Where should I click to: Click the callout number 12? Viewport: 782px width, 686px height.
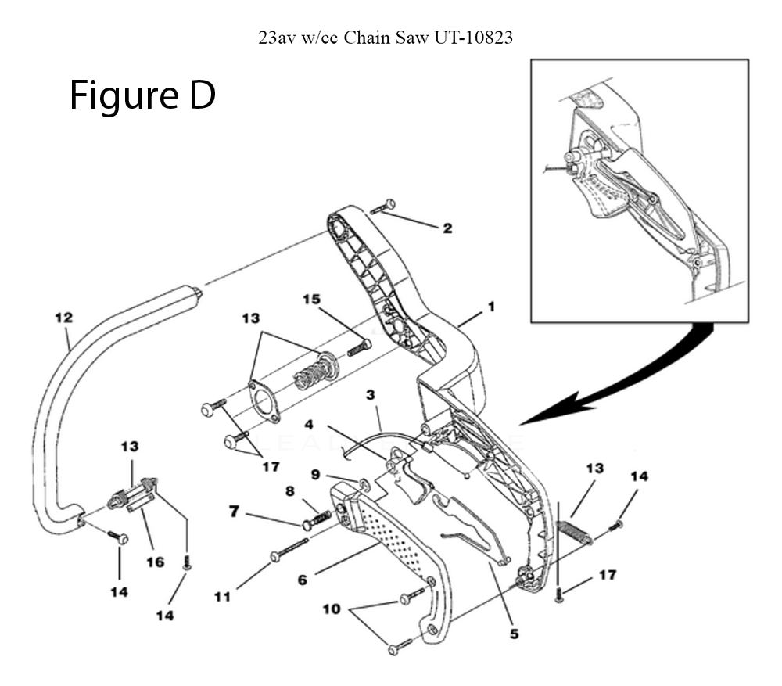click(64, 318)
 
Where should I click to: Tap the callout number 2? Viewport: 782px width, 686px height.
click(447, 228)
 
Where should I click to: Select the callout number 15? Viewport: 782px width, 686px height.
click(312, 299)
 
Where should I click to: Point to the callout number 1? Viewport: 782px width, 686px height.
click(491, 307)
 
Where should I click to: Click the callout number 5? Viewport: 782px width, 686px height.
click(515, 634)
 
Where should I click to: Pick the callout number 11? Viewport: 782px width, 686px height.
click(222, 597)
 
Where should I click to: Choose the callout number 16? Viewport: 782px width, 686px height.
click(155, 562)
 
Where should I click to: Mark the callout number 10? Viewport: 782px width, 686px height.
click(332, 609)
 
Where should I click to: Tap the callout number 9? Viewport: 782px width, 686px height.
click(315, 474)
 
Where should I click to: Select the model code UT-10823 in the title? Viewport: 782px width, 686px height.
click(473, 38)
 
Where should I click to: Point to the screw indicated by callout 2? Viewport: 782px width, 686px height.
click(383, 207)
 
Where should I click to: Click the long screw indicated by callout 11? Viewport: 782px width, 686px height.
click(289, 549)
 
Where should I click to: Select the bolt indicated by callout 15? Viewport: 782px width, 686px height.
click(359, 347)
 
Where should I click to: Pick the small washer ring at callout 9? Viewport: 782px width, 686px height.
click(364, 482)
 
